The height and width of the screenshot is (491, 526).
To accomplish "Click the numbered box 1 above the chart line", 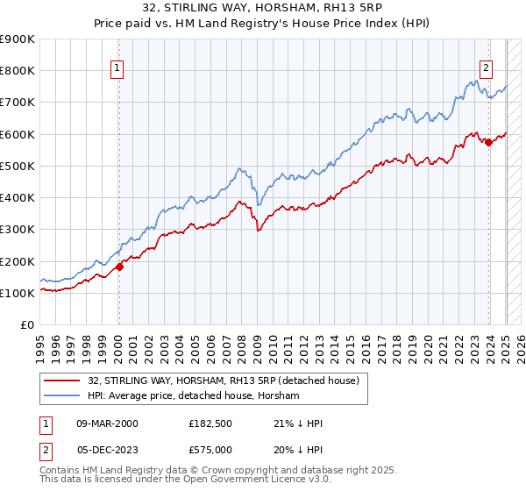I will tap(117, 70).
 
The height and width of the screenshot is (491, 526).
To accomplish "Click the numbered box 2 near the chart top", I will tap(486, 70).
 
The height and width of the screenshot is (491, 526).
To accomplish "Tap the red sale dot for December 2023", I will tap(488, 143).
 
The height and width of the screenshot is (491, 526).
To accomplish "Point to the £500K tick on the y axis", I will tap(18, 166).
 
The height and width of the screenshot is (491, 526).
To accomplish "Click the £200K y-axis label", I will tap(18, 261).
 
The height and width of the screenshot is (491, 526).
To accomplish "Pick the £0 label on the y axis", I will tap(27, 325).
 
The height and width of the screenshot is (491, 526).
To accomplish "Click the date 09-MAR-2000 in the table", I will tap(107, 423).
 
